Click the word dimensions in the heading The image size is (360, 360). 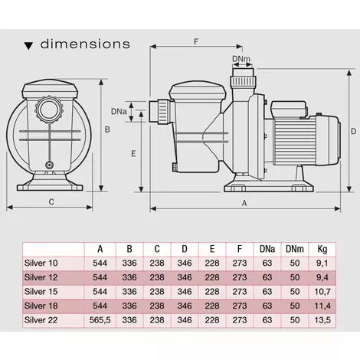85,44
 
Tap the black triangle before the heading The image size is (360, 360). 28,45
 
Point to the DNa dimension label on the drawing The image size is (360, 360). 119,112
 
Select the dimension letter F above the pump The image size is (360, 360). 196,41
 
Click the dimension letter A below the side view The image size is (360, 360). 244,203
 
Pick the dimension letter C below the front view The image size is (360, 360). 50,202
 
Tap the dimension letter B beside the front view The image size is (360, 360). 107,130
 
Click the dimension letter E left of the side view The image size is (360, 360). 133,153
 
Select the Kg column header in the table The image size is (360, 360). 322,248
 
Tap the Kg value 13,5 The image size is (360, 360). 322,319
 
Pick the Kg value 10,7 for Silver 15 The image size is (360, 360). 322,291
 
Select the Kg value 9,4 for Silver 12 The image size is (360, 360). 322,277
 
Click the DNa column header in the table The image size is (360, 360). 266,248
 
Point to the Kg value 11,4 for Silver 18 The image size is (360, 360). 322,305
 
